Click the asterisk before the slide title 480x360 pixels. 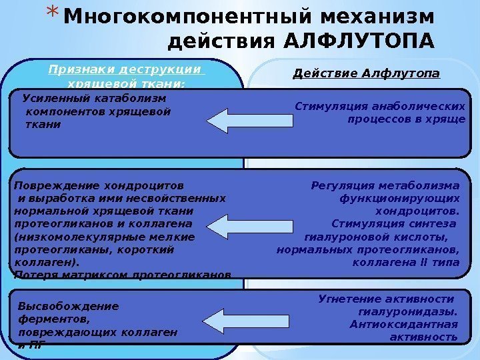pyautogui.click(x=55, y=15)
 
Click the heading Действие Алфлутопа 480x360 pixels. pyautogui.click(x=367, y=72)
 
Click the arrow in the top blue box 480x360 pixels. pyautogui.click(x=249, y=120)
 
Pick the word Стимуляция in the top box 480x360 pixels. pyautogui.click(x=323, y=105)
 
